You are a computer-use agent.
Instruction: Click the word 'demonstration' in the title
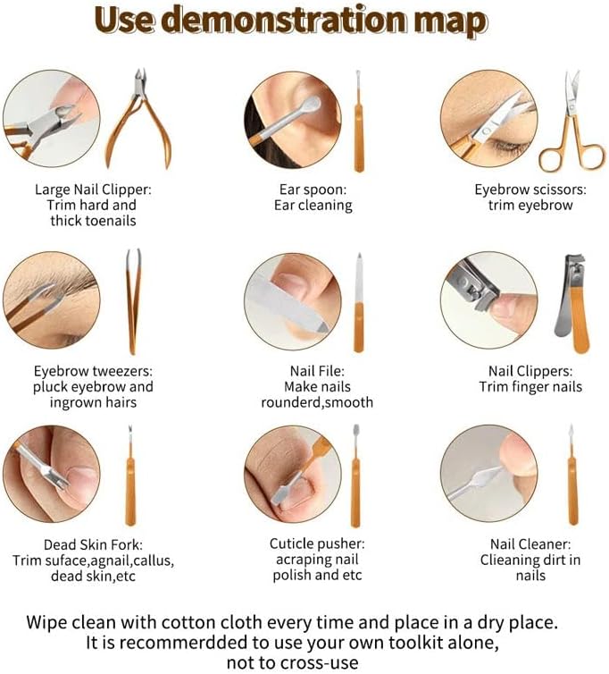coord(285,21)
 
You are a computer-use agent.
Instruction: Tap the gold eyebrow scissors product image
coord(573,122)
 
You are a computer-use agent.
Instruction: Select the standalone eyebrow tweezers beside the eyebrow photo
coord(134,302)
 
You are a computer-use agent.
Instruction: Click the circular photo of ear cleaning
coord(293,120)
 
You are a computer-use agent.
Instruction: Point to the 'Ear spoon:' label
coord(313,190)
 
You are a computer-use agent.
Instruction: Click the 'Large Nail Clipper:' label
coord(93,190)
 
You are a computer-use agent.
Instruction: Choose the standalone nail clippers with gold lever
coord(572,303)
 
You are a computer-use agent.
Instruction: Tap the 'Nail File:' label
coord(317,371)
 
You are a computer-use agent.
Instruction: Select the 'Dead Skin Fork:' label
coord(93,544)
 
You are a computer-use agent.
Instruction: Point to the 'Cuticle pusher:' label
coord(317,543)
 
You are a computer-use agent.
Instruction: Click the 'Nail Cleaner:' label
coord(530,544)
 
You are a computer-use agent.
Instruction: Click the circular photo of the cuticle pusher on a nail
coord(293,475)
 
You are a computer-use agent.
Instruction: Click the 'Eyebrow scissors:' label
coord(530,190)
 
